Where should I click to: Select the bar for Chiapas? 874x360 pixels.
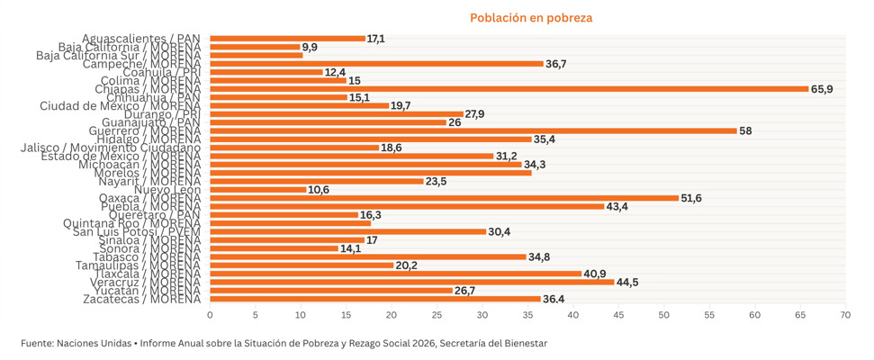pyautogui.click(x=509, y=89)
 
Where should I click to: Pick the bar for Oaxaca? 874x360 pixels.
pyautogui.click(x=444, y=198)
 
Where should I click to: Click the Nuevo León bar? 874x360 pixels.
pyautogui.click(x=258, y=189)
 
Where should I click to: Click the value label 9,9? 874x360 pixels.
pyautogui.click(x=311, y=47)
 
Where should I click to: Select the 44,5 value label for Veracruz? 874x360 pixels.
pyautogui.click(x=628, y=282)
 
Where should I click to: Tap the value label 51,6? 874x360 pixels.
pyautogui.click(x=693, y=198)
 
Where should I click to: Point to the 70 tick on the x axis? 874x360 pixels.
pyautogui.click(x=845, y=315)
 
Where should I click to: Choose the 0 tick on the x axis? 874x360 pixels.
pyautogui.click(x=210, y=315)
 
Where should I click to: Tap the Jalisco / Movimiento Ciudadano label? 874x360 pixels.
pyautogui.click(x=108, y=148)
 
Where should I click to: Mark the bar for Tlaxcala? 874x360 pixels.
pyautogui.click(x=395, y=274)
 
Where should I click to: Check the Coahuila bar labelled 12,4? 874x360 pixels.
pyautogui.click(x=266, y=72)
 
